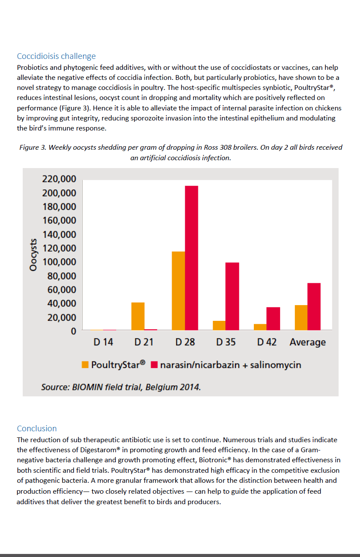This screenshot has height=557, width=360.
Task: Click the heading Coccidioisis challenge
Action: (56, 56)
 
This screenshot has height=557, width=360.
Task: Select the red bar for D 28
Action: (191, 258)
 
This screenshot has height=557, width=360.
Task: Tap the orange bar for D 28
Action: (178, 291)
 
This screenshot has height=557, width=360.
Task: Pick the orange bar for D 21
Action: (138, 316)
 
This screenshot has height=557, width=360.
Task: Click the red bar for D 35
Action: (232, 296)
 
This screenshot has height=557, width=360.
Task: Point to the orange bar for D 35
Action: (219, 326)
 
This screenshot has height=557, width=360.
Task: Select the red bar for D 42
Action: (273, 319)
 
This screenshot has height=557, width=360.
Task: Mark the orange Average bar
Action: (301, 317)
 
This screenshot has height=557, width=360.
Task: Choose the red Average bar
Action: (314, 306)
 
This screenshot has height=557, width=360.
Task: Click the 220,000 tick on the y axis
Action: (59, 179)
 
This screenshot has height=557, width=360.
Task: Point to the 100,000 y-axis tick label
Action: (59, 262)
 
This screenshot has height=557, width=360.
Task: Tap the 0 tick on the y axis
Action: (73, 331)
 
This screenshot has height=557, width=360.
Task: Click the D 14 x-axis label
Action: (104, 342)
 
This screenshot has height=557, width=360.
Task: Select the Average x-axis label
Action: (308, 342)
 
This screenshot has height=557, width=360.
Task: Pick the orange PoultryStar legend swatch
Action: (86, 364)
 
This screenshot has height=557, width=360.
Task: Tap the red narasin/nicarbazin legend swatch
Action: (154, 364)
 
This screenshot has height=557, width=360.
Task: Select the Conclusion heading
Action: (37, 429)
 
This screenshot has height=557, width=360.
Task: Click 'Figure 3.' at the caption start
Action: (33, 148)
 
